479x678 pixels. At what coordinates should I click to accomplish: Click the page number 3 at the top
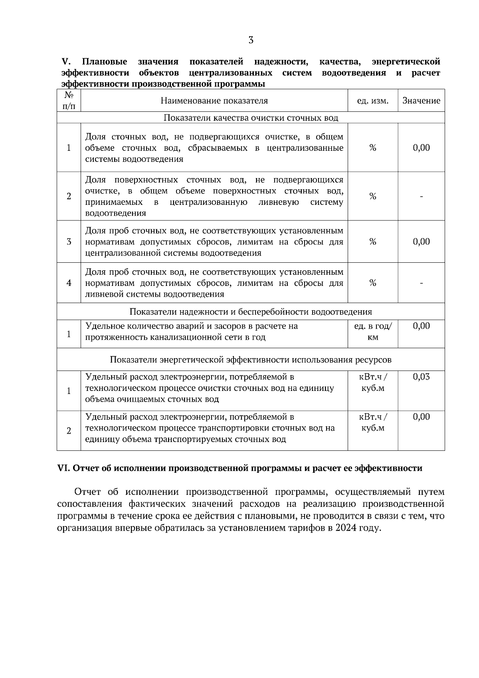pyautogui.click(x=251, y=40)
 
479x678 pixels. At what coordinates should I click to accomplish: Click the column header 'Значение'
pyautogui.click(x=421, y=101)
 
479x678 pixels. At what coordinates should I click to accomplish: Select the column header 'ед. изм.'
pyautogui.click(x=372, y=101)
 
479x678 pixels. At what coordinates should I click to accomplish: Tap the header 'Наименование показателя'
pyautogui.click(x=214, y=101)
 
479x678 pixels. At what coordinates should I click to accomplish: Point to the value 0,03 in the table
pyautogui.click(x=421, y=377)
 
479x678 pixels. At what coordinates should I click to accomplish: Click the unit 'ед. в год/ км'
pyautogui.click(x=372, y=332)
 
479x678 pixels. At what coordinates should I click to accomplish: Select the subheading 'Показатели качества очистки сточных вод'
pyautogui.click(x=251, y=118)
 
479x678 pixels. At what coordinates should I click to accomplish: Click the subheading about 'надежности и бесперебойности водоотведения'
pyautogui.click(x=251, y=312)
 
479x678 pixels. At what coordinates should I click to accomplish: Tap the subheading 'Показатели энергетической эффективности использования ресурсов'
pyautogui.click(x=251, y=360)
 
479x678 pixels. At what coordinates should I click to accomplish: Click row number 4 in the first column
pyautogui.click(x=69, y=283)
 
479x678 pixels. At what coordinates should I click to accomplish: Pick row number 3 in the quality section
pyautogui.click(x=69, y=242)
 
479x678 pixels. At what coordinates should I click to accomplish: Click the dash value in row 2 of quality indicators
pyautogui.click(x=421, y=196)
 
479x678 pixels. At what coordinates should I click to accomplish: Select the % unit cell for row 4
pyautogui.click(x=372, y=283)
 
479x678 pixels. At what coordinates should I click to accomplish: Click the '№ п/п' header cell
pyautogui.click(x=69, y=101)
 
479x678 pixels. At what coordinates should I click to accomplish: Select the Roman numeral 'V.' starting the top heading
pyautogui.click(x=66, y=62)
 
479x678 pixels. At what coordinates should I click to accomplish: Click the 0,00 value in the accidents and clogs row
pyautogui.click(x=421, y=326)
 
